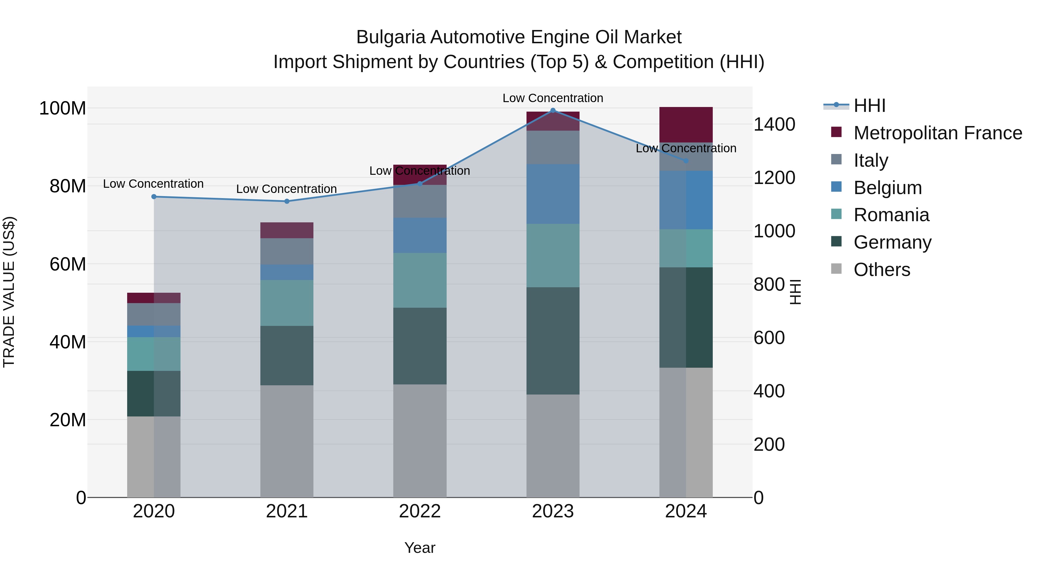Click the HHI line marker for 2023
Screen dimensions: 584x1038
click(x=553, y=110)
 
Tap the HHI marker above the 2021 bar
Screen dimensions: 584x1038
click(x=287, y=201)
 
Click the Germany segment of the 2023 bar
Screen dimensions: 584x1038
click(x=553, y=341)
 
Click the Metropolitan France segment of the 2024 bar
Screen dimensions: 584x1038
click(x=686, y=125)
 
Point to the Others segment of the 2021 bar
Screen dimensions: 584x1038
click(x=287, y=441)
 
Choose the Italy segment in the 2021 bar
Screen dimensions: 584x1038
click(x=287, y=251)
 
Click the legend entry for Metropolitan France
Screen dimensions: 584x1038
click(x=937, y=133)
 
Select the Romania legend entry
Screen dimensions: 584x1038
click(x=891, y=215)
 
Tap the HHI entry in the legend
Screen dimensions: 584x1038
click(x=869, y=106)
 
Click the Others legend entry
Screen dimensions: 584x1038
click(x=882, y=270)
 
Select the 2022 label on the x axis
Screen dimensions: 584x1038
click(x=420, y=511)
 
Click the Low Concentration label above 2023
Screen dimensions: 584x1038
click(x=552, y=98)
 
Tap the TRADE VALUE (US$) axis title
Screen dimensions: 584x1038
click(x=9, y=292)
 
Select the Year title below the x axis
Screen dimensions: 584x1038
click(x=420, y=548)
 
